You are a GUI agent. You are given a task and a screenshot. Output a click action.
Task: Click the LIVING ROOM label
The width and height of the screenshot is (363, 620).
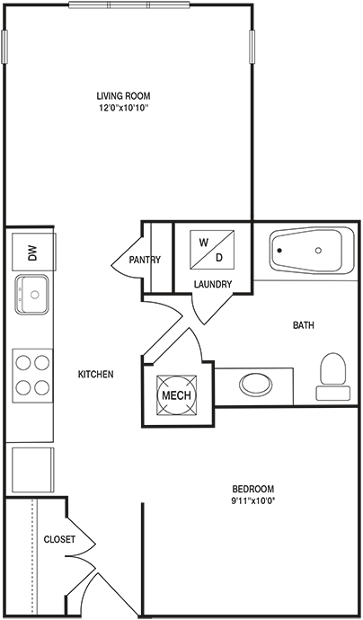click(123, 95)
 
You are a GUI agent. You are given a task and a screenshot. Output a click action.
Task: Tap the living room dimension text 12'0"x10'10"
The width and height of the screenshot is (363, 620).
click(123, 107)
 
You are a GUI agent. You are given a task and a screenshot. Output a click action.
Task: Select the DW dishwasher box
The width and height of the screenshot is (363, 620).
click(33, 252)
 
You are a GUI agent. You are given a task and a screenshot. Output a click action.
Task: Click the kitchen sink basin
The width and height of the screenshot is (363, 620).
click(32, 294)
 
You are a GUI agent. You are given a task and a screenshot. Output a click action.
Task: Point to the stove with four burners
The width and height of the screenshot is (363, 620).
click(32, 376)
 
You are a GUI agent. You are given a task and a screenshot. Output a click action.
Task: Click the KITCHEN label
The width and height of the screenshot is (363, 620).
click(96, 374)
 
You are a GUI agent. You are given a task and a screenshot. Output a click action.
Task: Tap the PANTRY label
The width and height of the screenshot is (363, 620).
click(146, 260)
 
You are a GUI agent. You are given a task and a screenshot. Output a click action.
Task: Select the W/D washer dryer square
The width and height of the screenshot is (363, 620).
click(212, 250)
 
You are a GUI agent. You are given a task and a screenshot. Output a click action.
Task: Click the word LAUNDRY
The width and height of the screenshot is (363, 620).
click(213, 284)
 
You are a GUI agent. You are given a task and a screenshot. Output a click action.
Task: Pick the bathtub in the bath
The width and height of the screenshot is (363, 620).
click(312, 250)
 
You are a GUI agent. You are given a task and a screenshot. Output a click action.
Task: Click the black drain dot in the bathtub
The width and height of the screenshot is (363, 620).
click(280, 251)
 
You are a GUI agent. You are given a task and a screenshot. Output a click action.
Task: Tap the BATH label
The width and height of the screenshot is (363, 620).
click(304, 325)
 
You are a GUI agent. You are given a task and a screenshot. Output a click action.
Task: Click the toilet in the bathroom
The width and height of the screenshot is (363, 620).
click(332, 376)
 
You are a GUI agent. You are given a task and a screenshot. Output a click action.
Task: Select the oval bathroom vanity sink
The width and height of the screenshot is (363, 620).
click(256, 385)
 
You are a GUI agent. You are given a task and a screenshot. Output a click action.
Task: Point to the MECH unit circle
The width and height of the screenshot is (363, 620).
click(176, 395)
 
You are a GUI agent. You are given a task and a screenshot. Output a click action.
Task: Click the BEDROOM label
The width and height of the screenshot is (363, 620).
click(253, 488)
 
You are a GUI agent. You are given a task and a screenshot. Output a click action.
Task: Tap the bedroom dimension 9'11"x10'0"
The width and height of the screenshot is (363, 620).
click(253, 500)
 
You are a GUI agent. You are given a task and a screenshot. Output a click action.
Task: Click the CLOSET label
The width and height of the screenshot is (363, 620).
click(59, 539)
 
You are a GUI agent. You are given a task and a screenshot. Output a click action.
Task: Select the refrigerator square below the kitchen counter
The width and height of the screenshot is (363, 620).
click(33, 470)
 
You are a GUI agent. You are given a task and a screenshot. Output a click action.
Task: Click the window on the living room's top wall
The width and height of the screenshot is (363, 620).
click(128, 5)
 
